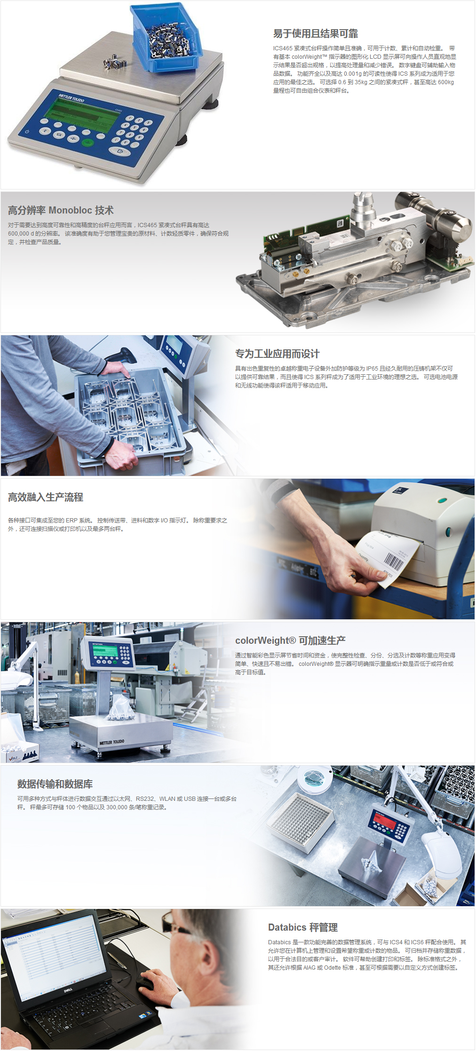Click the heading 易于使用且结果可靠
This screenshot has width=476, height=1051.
click(316, 33)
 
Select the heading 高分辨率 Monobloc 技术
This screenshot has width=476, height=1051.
click(61, 210)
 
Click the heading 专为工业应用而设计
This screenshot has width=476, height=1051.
click(278, 354)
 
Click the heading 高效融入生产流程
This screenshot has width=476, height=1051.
click(46, 497)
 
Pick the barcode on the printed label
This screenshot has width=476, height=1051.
click(394, 561)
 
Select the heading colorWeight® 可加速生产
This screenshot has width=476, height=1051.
click(290, 640)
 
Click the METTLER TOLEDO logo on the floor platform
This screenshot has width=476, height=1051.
click(111, 743)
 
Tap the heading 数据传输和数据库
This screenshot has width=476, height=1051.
click(55, 784)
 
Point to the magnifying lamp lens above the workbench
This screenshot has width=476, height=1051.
click(312, 777)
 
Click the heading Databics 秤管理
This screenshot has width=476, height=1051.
click(303, 927)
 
